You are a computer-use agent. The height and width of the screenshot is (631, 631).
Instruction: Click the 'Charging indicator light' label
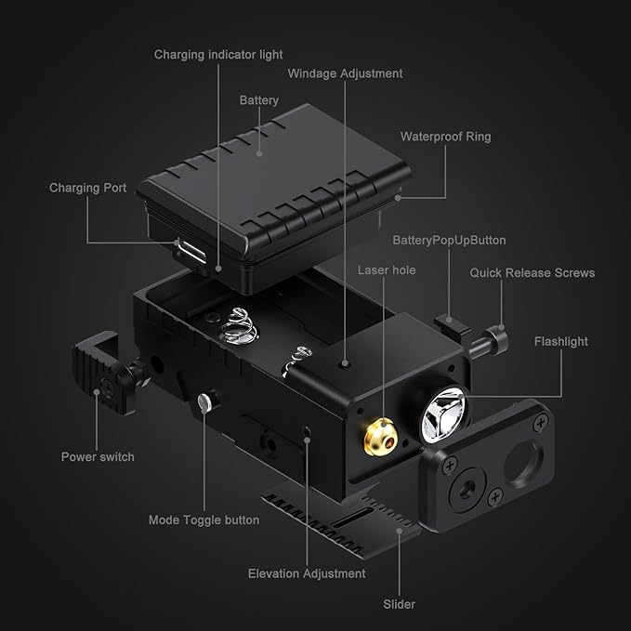point(218,54)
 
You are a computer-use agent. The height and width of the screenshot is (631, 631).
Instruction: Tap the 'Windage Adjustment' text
point(345,73)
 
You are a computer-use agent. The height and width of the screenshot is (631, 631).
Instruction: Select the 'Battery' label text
point(258,100)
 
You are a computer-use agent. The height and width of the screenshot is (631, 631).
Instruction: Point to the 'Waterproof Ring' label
point(445,137)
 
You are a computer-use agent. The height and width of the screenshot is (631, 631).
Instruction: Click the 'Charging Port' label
point(87,188)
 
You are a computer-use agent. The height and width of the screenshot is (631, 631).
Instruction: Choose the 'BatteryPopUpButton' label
point(449,241)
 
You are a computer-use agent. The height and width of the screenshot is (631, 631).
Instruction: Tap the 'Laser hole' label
point(387,270)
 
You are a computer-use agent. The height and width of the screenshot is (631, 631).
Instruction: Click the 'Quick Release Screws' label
point(532,273)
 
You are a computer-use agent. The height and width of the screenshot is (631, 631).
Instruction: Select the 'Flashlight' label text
point(561,342)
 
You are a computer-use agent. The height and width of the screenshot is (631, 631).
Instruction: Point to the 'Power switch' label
point(98,456)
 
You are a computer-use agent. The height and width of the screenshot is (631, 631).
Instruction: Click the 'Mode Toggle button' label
point(204,519)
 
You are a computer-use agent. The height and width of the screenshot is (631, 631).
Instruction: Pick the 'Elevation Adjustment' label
point(307,573)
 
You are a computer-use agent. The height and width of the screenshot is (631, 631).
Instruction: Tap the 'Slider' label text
point(399,604)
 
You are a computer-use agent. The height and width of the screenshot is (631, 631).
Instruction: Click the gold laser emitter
point(381,437)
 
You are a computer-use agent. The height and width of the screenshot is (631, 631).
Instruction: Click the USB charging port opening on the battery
point(191,253)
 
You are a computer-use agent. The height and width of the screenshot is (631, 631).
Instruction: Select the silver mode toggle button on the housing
point(204,402)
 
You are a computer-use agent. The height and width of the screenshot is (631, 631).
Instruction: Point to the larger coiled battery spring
point(239,326)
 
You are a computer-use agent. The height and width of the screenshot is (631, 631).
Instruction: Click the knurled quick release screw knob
point(496,339)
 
